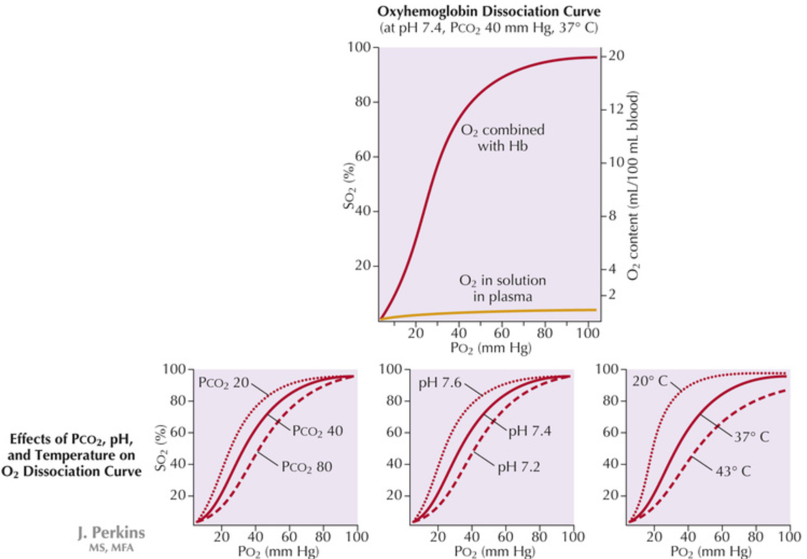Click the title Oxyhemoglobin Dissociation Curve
(x=489, y=11)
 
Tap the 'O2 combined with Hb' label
(x=503, y=138)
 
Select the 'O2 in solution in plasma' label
(x=503, y=288)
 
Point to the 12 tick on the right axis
(x=616, y=109)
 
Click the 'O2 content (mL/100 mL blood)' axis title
(x=633, y=185)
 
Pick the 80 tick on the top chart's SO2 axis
(x=363, y=102)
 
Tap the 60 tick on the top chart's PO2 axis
(x=502, y=333)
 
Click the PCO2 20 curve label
(x=223, y=382)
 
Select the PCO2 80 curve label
(x=307, y=467)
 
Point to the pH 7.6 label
(x=440, y=382)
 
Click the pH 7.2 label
(x=518, y=467)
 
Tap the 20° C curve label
(x=650, y=381)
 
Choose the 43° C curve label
(x=733, y=471)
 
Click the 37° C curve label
(x=751, y=437)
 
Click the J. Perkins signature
(x=112, y=533)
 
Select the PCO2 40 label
(x=317, y=431)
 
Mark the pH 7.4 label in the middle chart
(x=529, y=431)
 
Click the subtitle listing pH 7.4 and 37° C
(x=489, y=28)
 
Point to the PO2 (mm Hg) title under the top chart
(x=491, y=347)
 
